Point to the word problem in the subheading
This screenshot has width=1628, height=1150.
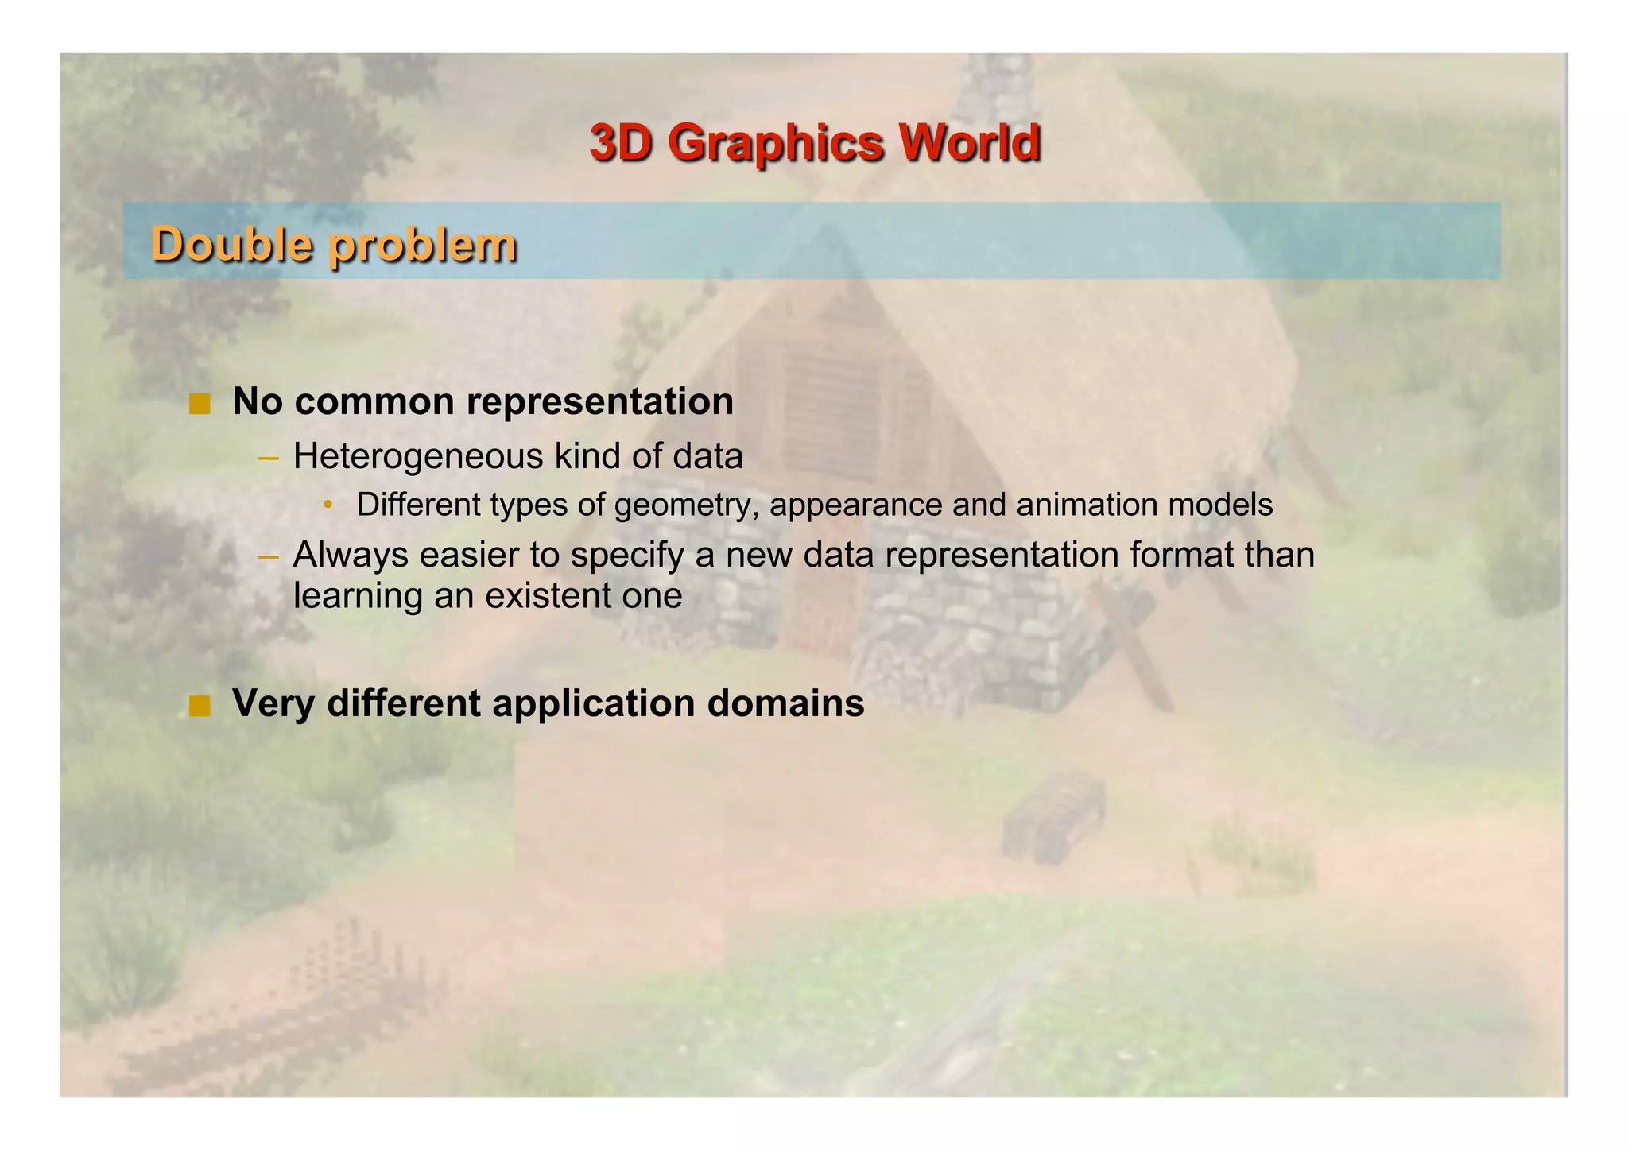(x=423, y=245)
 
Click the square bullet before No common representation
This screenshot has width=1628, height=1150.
(x=200, y=404)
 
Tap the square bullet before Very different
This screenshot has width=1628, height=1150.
(x=200, y=705)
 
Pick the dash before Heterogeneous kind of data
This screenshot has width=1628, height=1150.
(x=269, y=458)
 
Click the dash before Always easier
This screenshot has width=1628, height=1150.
(x=269, y=556)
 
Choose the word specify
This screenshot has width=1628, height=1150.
(x=627, y=556)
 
